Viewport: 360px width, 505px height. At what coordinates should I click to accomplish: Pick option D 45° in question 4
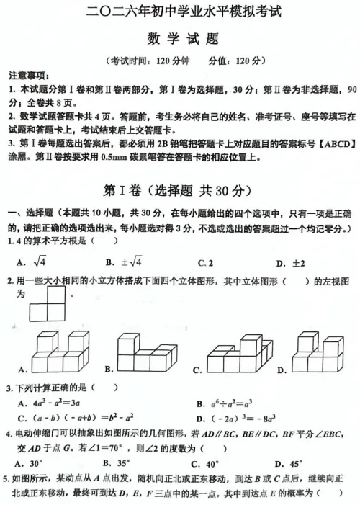(x=292, y=462)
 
